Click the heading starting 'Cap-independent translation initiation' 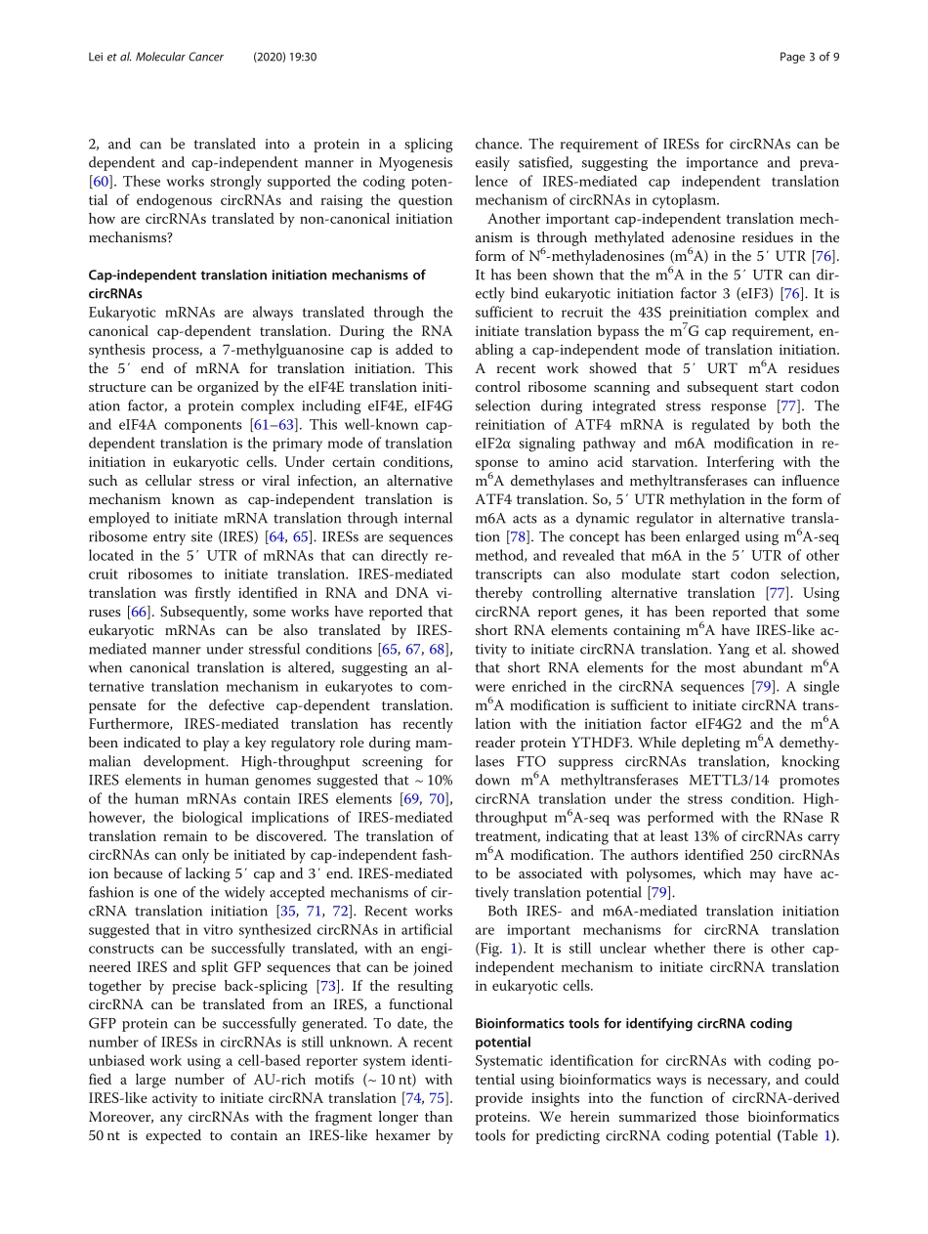click(257, 275)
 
